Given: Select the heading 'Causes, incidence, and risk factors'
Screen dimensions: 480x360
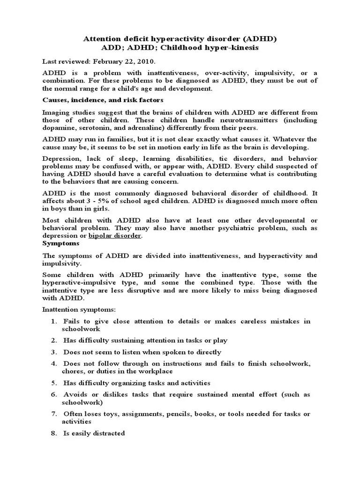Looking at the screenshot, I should pyautogui.click(x=103, y=100).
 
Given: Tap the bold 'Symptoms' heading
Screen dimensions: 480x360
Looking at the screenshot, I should pyautogui.click(x=61, y=244).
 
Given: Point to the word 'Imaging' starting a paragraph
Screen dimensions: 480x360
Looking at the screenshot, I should pyautogui.click(x=56, y=112).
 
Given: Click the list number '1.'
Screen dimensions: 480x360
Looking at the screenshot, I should pyautogui.click(x=55, y=321).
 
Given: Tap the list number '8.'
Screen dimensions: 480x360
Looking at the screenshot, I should pyautogui.click(x=55, y=433).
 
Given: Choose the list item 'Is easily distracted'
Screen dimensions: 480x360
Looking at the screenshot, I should pyautogui.click(x=94, y=433).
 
